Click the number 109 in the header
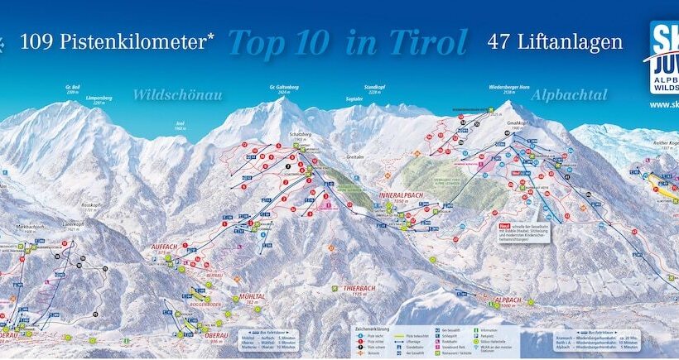(x=36, y=40)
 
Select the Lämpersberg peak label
(x=99, y=98)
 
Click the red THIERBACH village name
(x=359, y=287)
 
